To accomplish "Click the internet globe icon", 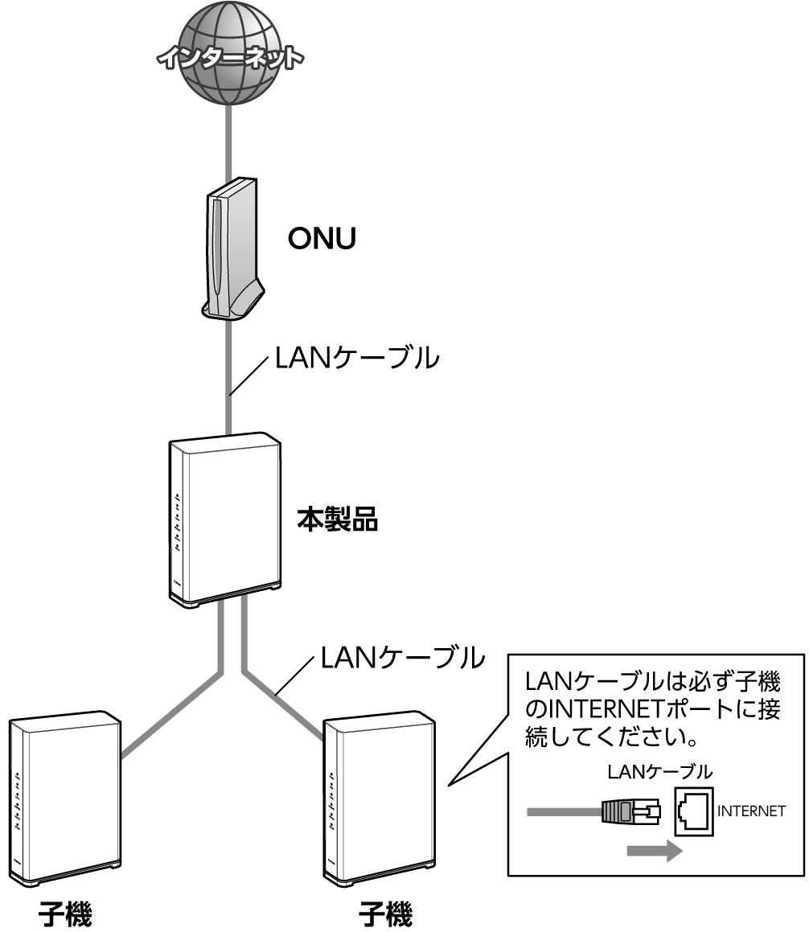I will point(232,56).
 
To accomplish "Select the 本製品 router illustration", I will point(225,519).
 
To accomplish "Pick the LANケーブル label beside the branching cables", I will point(403,658).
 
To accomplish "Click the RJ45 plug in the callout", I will point(630,812).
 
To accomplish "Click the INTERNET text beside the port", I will point(751,811).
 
